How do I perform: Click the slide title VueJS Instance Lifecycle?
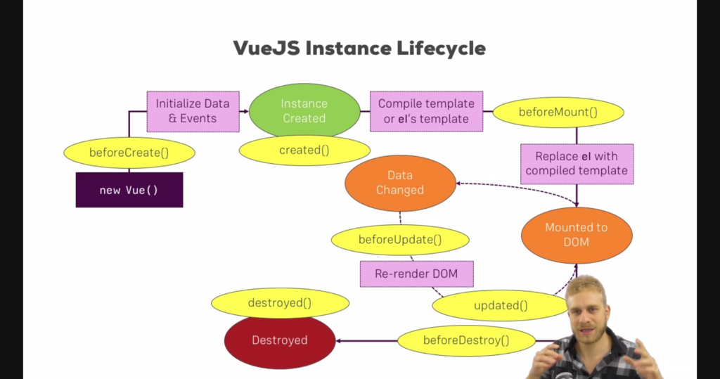pyautogui.click(x=359, y=48)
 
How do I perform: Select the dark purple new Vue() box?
pyautogui.click(x=129, y=190)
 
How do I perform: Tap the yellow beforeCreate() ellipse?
pyautogui.click(x=129, y=153)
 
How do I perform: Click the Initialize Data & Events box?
pyautogui.click(x=193, y=112)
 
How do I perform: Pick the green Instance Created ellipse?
pyautogui.click(x=304, y=110)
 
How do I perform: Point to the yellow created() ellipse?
pyautogui.click(x=304, y=150)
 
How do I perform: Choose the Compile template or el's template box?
pyautogui.click(x=427, y=111)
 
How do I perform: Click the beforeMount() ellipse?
pyautogui.click(x=558, y=112)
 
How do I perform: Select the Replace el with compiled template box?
pyautogui.click(x=577, y=164)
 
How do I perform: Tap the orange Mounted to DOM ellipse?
pyautogui.click(x=577, y=236)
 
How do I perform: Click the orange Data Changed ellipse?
pyautogui.click(x=400, y=183)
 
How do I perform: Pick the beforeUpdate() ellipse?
pyautogui.click(x=400, y=240)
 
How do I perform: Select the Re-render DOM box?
pyautogui.click(x=416, y=274)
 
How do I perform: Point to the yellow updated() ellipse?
pyautogui.click(x=501, y=305)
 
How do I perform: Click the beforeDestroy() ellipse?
pyautogui.click(x=466, y=340)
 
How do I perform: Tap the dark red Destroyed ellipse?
pyautogui.click(x=280, y=341)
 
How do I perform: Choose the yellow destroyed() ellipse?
pyautogui.click(x=280, y=303)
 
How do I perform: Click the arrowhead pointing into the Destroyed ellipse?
pyautogui.click(x=338, y=341)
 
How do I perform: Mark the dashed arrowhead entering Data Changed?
pyautogui.click(x=458, y=184)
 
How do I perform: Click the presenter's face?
pyautogui.click(x=585, y=311)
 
